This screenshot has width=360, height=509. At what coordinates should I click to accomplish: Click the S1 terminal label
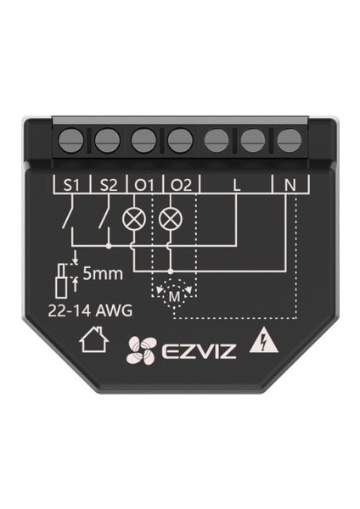[x=71, y=185]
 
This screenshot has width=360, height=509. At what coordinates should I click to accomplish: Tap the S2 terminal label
[x=109, y=185]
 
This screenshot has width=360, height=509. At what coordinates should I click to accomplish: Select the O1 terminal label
[x=144, y=185]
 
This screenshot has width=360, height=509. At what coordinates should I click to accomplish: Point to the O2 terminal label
[x=182, y=185]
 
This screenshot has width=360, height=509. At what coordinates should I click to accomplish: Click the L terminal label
[x=237, y=185]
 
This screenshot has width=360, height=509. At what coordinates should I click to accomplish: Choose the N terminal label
[x=290, y=185]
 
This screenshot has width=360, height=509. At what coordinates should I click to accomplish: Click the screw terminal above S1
[x=71, y=141]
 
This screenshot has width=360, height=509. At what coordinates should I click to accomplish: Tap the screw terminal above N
[x=289, y=141]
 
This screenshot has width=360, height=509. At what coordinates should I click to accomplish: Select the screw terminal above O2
[x=180, y=141]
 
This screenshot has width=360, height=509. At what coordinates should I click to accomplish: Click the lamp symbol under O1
[x=133, y=217]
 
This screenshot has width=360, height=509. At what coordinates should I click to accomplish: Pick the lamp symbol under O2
[x=171, y=217]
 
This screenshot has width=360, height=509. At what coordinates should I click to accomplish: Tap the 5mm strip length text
[x=103, y=274]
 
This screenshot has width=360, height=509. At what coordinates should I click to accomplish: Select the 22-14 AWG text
[x=90, y=310]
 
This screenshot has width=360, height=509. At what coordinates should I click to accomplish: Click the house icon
[x=94, y=339]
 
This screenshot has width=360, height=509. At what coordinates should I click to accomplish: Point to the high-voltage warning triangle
[x=263, y=344]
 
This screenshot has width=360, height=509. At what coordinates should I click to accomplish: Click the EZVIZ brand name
[x=199, y=351]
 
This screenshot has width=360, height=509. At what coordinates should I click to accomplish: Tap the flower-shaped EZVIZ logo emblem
[x=142, y=350]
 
